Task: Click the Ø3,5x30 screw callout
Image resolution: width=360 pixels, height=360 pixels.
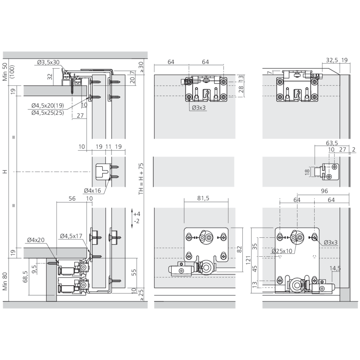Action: [48, 62]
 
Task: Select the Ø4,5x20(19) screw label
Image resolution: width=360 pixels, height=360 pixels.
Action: [48, 105]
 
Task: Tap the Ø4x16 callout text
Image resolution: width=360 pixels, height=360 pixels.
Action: [92, 190]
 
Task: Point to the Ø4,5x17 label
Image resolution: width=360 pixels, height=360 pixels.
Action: [71, 236]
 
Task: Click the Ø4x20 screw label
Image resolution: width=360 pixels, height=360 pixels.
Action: [36, 240]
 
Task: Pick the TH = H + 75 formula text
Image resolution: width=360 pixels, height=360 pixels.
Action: [141, 179]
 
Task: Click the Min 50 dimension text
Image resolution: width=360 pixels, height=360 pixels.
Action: [5, 72]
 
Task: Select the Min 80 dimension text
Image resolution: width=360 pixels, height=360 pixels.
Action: [5, 281]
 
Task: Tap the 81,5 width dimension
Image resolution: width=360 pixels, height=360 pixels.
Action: [203, 198]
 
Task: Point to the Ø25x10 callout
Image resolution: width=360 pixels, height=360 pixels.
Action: [282, 251]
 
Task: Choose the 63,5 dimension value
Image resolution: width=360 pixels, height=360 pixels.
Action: [332, 143]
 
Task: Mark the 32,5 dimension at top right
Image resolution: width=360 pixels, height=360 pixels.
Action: [332, 60]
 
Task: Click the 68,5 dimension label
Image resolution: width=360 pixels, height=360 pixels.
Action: [25, 276]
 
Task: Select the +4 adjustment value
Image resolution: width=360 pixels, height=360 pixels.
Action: [136, 214]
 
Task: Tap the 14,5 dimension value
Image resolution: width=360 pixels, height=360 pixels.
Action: [335, 268]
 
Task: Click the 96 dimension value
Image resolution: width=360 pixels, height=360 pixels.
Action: [324, 191]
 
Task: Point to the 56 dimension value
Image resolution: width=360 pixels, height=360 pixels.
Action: [72, 198]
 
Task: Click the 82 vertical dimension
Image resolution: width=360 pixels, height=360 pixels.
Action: [239, 249]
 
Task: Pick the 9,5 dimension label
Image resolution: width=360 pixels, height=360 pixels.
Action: [34, 269]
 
